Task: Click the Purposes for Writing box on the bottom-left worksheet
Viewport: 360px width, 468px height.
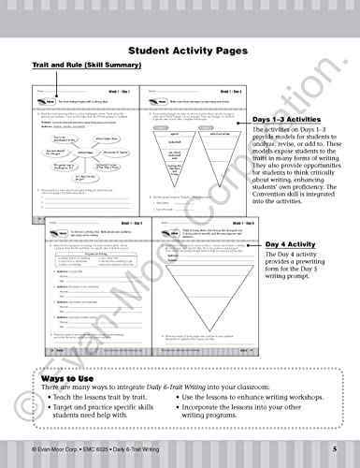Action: (x=79, y=264)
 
